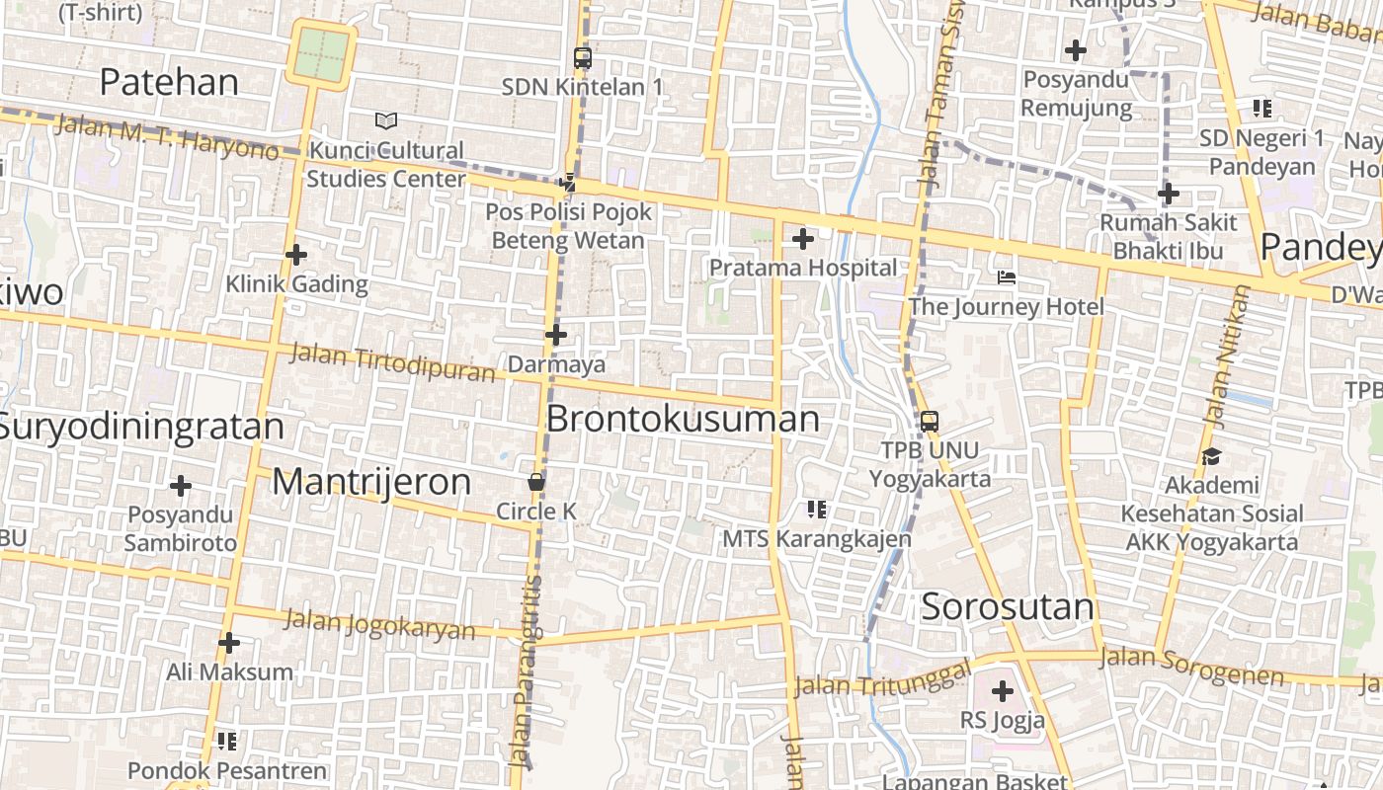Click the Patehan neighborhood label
(x=169, y=82)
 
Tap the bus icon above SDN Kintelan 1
(x=583, y=57)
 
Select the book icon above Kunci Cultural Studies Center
(x=386, y=120)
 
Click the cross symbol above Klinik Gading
(x=296, y=255)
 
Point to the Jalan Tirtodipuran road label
(x=392, y=362)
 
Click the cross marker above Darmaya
(x=556, y=335)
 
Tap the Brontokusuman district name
(x=683, y=419)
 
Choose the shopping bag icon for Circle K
(x=535, y=482)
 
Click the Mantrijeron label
(x=371, y=482)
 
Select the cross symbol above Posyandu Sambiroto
(x=181, y=486)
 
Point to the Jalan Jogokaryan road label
(x=379, y=625)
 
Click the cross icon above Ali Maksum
(x=229, y=643)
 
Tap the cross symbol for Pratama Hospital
(x=803, y=238)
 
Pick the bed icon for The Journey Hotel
(x=1006, y=277)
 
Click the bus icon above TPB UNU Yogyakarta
(x=929, y=422)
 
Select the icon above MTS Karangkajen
(x=816, y=510)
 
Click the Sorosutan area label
(x=1008, y=606)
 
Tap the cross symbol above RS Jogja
(x=1003, y=691)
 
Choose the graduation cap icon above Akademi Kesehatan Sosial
(x=1211, y=456)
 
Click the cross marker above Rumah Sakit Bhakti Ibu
(x=1169, y=194)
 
